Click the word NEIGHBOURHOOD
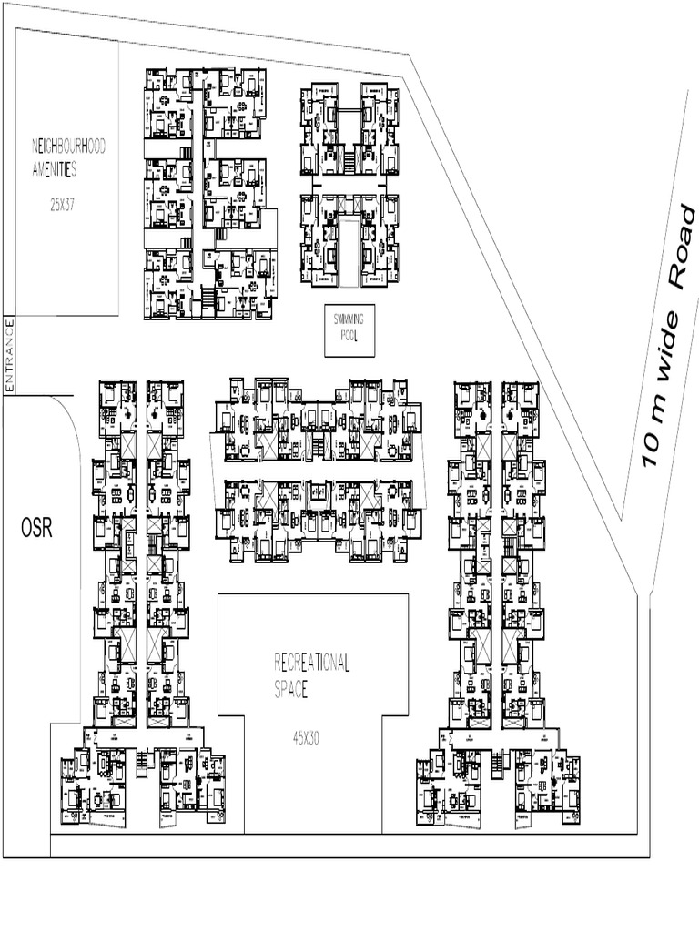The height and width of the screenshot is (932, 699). [69, 146]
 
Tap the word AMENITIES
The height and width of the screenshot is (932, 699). [54, 170]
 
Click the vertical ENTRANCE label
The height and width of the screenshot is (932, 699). [11, 356]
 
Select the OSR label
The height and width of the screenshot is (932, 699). [36, 529]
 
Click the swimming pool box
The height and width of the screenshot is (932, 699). [349, 329]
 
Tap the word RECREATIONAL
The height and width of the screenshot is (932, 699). [312, 663]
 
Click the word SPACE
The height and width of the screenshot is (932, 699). [292, 690]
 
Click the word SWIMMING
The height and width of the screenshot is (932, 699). [349, 319]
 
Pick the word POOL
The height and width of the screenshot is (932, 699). [349, 335]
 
